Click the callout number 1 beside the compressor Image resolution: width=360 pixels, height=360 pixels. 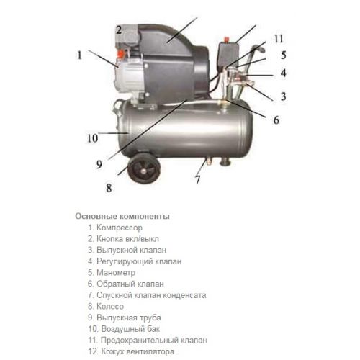point(79,55)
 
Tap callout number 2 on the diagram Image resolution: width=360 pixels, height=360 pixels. point(119,30)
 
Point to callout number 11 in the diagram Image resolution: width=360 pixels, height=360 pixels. point(279,39)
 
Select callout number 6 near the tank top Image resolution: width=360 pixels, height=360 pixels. point(276,120)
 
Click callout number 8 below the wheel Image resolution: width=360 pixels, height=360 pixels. point(109,188)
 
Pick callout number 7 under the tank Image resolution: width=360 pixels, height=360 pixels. point(198,179)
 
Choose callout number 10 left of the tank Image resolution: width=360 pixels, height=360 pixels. point(92,138)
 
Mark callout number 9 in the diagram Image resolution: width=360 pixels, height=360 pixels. point(99,164)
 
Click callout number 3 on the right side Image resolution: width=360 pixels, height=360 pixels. point(284,96)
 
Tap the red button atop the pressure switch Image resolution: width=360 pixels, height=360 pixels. point(226,39)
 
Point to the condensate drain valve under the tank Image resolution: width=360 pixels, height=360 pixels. point(208,162)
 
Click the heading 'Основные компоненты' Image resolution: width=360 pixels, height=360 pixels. point(122,216)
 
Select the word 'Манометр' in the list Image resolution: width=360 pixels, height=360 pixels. point(116,273)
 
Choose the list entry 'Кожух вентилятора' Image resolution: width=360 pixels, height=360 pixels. point(131,351)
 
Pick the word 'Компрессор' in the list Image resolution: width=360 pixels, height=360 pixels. point(120,228)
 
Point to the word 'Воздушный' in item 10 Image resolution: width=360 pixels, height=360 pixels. point(122,329)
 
